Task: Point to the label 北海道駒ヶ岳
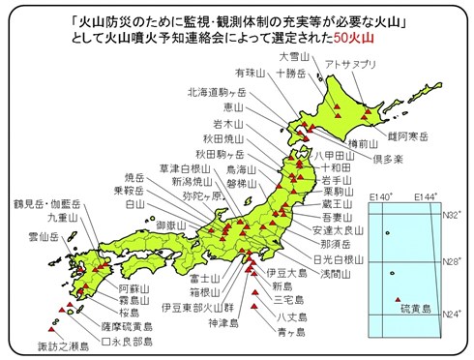pyautogui.click(x=217, y=92)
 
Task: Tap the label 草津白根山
pyautogui.click(x=184, y=166)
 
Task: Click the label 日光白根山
pyautogui.click(x=340, y=260)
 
